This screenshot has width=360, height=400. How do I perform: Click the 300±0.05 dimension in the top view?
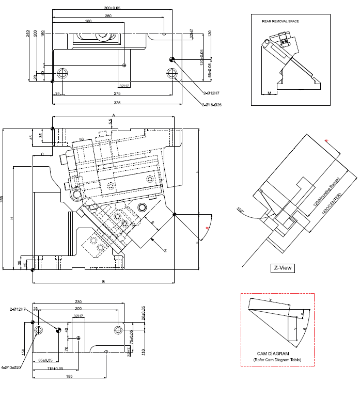[112, 8]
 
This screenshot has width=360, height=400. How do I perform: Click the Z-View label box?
[283, 268]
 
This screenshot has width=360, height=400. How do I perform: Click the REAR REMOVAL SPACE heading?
[280, 21]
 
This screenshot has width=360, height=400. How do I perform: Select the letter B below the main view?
[103, 282]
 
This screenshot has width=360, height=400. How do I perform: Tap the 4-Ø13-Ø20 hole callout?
[11, 367]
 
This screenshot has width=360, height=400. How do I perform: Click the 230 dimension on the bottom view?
[78, 302]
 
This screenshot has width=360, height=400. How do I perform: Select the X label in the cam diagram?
[270, 300]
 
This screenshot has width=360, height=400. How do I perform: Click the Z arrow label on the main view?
[165, 250]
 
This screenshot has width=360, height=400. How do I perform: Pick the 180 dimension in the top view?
[88, 21]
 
